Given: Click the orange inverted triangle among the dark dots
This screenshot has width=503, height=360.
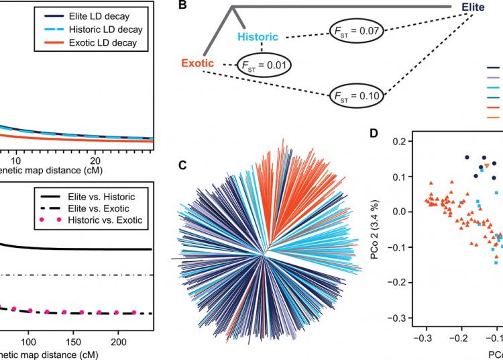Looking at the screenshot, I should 487,166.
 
